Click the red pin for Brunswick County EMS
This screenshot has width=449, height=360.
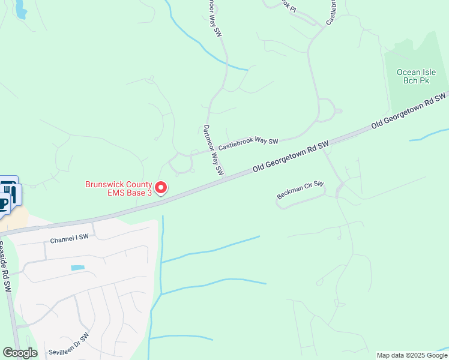[x=161, y=188]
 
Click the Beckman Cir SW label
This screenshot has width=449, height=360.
[x=300, y=190]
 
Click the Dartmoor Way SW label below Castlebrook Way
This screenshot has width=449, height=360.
[x=212, y=150]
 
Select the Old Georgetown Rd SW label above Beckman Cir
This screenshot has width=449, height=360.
[x=291, y=157]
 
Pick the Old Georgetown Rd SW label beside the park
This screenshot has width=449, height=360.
[x=410, y=110]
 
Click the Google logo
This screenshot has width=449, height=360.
[x=20, y=353]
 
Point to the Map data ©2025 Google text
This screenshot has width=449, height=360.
[x=412, y=355]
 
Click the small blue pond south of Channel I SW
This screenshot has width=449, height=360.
[x=77, y=268]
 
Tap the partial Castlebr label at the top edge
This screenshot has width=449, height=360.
[x=331, y=11]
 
